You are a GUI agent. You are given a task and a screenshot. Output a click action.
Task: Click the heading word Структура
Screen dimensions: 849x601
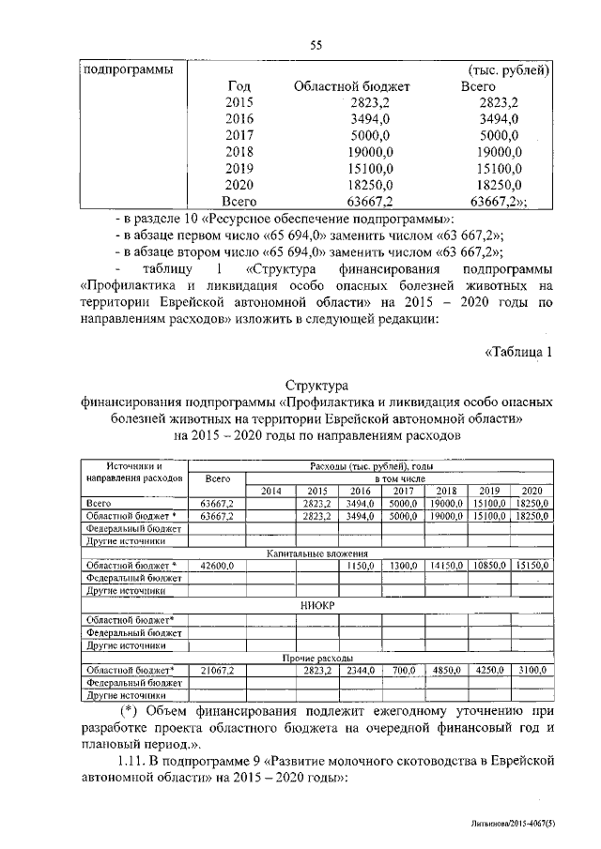316,385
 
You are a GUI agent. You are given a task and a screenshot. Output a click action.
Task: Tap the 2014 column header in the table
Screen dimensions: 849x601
270,491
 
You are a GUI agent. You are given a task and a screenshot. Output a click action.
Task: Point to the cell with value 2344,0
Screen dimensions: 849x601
361,672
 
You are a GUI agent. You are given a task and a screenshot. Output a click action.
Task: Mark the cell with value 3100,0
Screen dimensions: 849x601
531,672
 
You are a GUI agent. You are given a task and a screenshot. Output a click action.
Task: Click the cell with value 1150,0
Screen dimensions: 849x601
361,567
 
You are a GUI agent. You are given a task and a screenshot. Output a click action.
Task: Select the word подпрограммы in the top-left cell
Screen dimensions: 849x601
121,70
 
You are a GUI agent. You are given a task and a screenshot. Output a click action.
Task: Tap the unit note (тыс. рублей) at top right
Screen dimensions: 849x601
508,71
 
